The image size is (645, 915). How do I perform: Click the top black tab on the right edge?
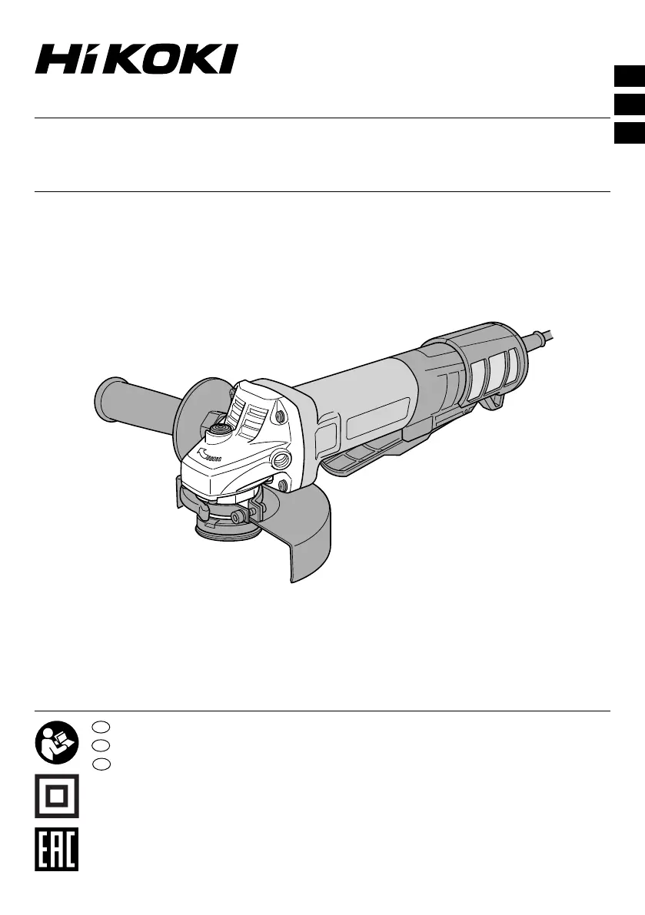(x=629, y=77)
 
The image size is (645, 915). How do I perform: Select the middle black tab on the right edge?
(x=629, y=104)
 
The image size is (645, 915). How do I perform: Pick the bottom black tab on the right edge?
(x=629, y=132)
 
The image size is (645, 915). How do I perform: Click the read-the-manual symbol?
(x=57, y=742)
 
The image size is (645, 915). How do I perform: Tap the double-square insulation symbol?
(x=57, y=796)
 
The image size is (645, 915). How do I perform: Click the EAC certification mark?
(x=57, y=850)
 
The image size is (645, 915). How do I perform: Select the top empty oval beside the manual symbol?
(x=101, y=727)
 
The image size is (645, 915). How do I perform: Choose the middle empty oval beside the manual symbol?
(x=101, y=744)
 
